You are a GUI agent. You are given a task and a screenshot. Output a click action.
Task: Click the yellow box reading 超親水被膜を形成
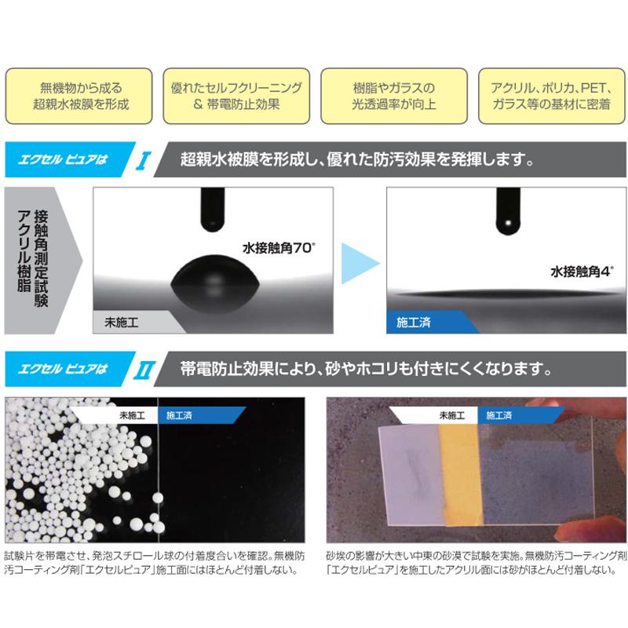pyautogui.click(x=81, y=96)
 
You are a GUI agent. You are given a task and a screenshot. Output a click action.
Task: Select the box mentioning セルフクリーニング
pyautogui.click(x=236, y=96)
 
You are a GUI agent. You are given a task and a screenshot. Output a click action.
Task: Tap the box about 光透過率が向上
pyautogui.click(x=392, y=96)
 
